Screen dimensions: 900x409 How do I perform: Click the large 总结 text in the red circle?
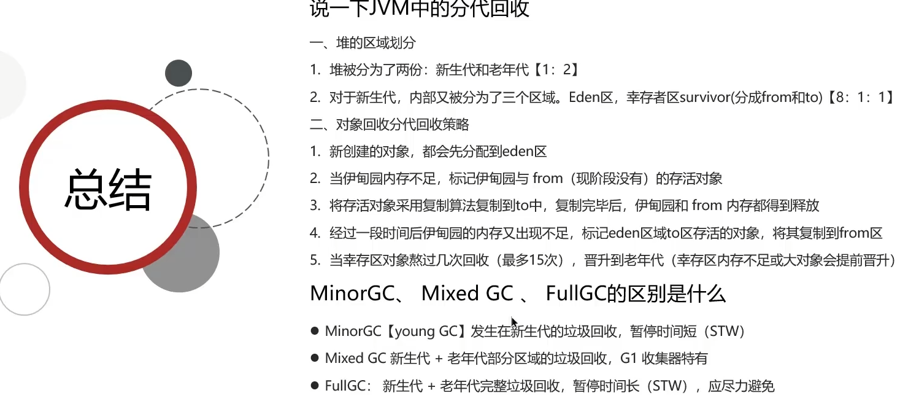108,189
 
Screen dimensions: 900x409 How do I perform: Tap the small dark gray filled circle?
179,73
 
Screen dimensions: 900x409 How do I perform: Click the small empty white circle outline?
25,289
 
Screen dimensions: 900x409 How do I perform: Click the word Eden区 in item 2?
591,97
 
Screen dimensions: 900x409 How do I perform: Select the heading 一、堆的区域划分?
363,42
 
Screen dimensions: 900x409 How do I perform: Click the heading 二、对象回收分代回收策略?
390,124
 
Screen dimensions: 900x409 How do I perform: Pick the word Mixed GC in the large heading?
467,293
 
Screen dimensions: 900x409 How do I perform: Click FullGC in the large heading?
575,293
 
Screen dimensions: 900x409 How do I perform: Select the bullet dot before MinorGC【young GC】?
315,331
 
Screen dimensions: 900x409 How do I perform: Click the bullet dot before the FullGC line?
315,386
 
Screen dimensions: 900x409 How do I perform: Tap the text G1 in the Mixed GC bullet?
628,358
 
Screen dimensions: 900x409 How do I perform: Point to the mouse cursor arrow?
514,322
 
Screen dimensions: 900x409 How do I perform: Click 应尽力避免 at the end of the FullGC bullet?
741,386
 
